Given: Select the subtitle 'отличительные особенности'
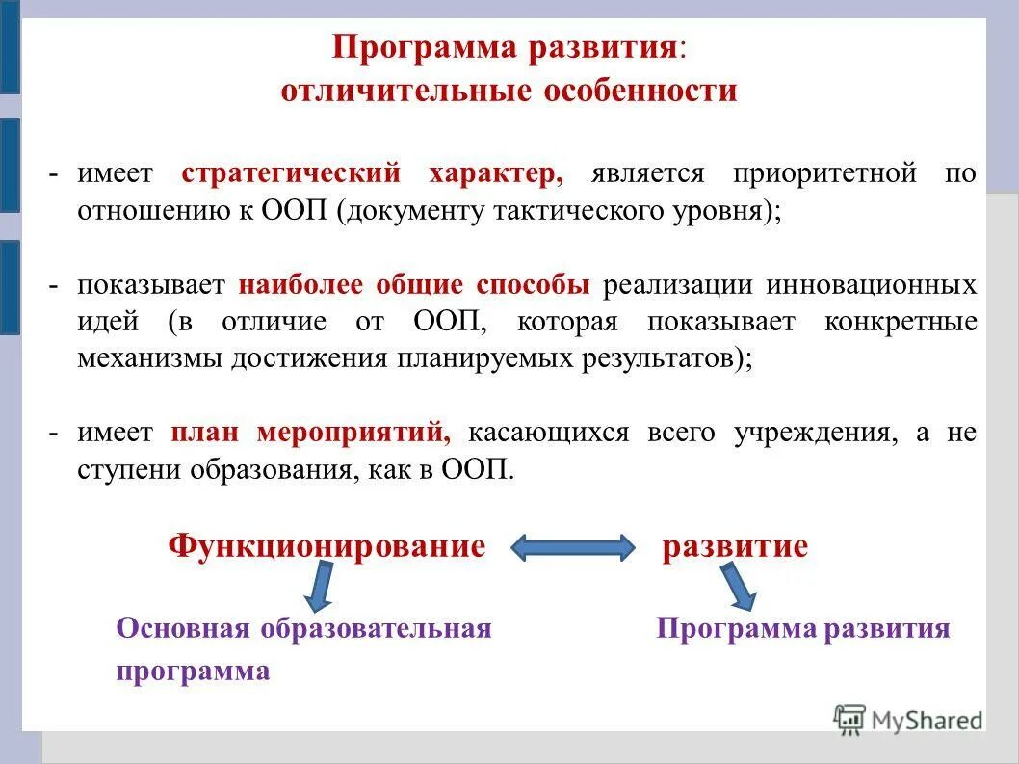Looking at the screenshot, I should click(x=509, y=92).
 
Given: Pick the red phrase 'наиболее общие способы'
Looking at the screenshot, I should click(x=414, y=285).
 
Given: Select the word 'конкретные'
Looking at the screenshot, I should click(x=901, y=322).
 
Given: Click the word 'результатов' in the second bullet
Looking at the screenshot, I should click(x=666, y=358).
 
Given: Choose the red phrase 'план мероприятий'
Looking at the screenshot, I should click(x=310, y=433).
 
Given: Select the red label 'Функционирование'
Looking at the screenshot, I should click(x=327, y=546).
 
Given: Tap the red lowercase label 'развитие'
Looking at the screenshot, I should click(x=735, y=546).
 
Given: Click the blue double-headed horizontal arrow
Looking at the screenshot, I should click(x=572, y=548).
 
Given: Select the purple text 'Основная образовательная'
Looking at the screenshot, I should click(x=303, y=629).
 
